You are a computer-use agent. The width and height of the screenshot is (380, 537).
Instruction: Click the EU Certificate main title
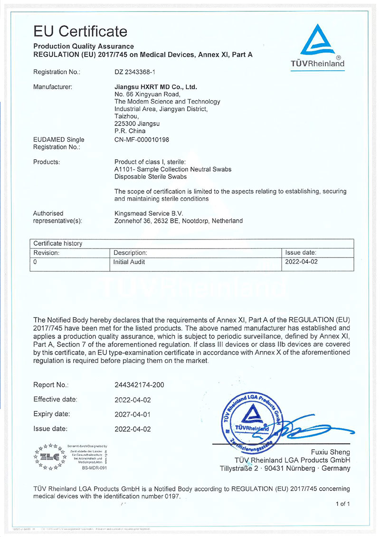[80, 31]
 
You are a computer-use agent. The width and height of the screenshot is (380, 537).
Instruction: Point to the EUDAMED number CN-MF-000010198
[142, 140]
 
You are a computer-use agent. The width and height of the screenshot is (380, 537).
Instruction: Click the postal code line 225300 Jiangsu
[137, 124]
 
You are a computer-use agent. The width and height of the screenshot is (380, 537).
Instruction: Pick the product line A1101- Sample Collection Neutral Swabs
[173, 170]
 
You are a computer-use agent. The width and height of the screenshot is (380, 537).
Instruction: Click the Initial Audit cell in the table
[129, 262]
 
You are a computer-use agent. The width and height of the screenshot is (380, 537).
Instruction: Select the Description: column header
[130, 253]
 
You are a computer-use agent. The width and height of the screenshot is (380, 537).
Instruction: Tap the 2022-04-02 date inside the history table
[301, 262]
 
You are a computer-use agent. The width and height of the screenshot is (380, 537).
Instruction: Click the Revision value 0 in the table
[35, 262]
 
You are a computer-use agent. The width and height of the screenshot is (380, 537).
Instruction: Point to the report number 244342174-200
[140, 385]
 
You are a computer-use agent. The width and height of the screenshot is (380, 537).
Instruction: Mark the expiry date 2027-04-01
[133, 414]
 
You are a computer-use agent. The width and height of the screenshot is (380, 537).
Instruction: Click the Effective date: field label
[55, 400]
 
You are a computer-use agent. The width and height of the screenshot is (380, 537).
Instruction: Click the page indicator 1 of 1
[342, 504]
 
